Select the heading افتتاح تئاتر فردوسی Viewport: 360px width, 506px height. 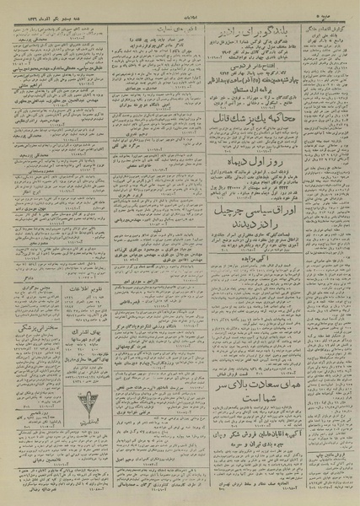(x=246, y=75)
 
